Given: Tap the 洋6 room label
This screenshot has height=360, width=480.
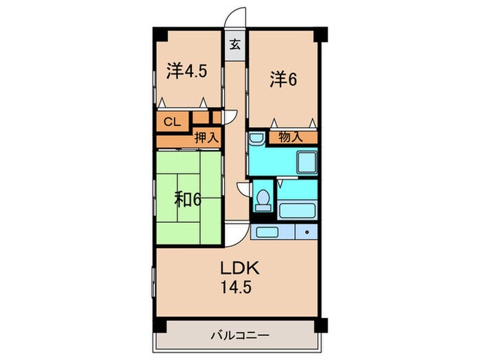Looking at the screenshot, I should click(x=282, y=80).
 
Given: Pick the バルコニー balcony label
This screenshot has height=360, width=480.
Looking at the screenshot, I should click(x=239, y=336).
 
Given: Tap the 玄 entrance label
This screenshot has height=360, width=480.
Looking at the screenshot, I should click(x=235, y=45).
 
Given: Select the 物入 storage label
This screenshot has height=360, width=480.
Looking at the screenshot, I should click(x=291, y=137).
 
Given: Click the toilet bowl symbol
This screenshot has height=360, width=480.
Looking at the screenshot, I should click(x=261, y=198).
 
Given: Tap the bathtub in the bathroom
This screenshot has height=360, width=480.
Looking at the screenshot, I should click(x=296, y=210).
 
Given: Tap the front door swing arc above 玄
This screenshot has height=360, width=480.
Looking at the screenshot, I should click(x=237, y=17).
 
